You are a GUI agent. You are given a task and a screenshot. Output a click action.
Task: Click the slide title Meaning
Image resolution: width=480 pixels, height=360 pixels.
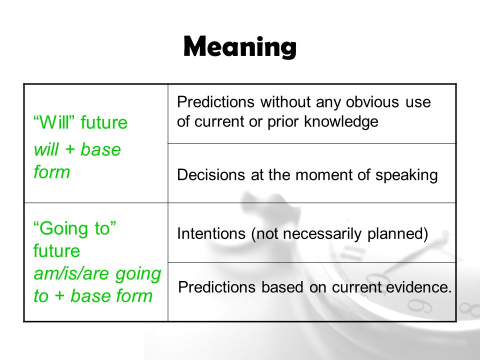240,47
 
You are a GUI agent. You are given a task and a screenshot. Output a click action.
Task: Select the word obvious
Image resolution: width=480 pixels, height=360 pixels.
372,101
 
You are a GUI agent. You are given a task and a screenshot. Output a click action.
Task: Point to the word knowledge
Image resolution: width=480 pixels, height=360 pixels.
341,121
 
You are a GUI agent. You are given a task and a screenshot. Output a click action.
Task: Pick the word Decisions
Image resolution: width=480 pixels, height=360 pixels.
211,175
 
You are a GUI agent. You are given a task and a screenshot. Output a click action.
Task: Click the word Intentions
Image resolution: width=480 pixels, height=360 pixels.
211,233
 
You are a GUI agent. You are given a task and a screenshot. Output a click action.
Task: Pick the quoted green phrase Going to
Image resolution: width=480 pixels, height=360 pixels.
74,228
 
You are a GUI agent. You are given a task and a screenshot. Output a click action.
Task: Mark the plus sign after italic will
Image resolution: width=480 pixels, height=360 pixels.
70,149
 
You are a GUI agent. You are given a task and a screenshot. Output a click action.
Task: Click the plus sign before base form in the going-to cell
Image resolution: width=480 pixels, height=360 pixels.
59,296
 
